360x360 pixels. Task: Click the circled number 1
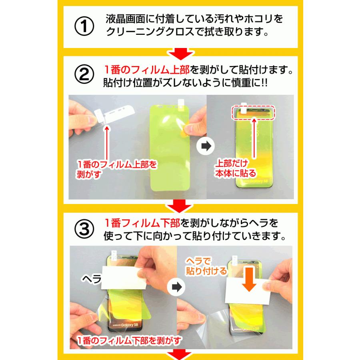point(84,25)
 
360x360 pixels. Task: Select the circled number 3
point(84,228)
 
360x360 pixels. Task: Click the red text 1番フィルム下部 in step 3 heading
point(142,222)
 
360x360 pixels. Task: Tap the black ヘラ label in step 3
point(91,278)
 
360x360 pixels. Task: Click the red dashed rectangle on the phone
point(253,113)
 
